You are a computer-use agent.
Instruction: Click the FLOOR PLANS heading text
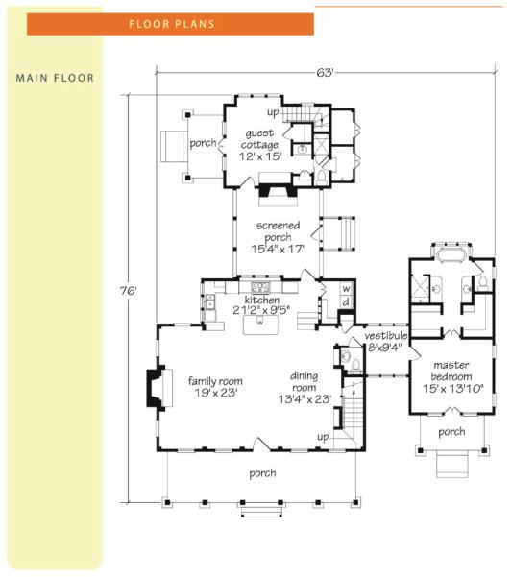(172, 24)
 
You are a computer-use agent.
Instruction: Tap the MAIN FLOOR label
(55, 78)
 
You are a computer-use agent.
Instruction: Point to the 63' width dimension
(325, 73)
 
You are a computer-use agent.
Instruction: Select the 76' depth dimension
(129, 291)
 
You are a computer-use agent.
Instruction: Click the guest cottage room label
(259, 139)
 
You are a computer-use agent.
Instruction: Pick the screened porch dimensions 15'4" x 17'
(278, 249)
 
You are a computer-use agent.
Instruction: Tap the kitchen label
(261, 300)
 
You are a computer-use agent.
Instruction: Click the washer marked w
(346, 289)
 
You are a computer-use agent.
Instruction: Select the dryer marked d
(346, 302)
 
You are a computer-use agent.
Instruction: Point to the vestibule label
(386, 336)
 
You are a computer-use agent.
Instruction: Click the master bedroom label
(451, 371)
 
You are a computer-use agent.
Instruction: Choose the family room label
(215, 381)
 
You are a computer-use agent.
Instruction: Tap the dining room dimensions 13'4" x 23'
(305, 399)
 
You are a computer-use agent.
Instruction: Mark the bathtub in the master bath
(451, 254)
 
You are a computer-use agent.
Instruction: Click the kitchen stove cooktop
(261, 286)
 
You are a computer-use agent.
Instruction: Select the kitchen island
(260, 325)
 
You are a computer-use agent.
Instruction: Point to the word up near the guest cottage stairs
(273, 112)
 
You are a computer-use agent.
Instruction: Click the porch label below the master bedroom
(451, 432)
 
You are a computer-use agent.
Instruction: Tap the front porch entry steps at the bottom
(261, 512)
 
